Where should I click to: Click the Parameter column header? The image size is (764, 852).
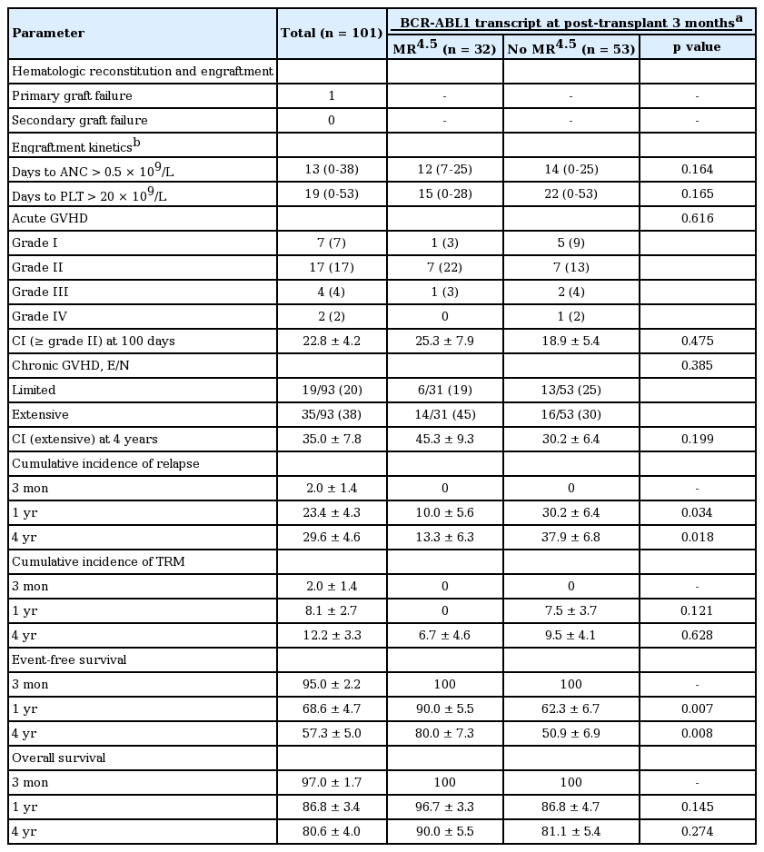coord(47,34)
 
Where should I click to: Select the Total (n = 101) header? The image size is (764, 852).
coord(331,34)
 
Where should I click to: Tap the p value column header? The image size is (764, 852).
coord(697,47)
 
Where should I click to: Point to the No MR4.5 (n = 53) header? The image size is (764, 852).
coord(571,47)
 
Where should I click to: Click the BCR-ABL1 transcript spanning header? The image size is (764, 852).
coord(571,20)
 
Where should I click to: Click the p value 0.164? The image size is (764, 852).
coord(697,170)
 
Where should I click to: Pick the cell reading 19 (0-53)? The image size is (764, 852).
coord(331,194)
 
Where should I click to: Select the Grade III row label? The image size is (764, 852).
coord(40,292)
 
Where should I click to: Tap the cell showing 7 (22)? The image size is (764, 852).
coord(444,268)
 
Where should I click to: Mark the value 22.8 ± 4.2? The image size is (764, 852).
coord(331,342)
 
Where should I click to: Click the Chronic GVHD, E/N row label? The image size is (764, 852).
coord(69,366)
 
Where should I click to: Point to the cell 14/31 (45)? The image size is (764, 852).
coord(444,415)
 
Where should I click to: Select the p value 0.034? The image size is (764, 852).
coord(697,513)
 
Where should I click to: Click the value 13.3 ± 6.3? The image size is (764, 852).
coord(444,538)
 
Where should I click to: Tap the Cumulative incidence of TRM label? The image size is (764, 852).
coord(98,562)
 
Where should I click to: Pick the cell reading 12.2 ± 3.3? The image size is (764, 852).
coord(331,636)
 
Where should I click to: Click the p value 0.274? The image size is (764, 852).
coord(697,832)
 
